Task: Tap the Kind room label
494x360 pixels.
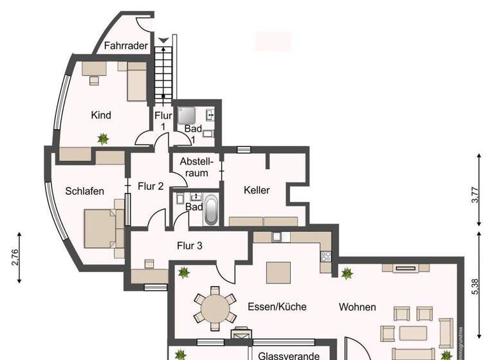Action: (102, 115)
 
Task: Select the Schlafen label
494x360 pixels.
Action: (84, 191)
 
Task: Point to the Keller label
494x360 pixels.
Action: (256, 190)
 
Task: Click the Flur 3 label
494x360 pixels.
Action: (190, 245)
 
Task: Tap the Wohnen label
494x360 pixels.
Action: (358, 307)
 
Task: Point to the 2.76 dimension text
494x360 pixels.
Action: (15, 258)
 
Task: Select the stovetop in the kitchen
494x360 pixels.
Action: (326, 256)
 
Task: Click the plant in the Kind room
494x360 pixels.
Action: (102, 138)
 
